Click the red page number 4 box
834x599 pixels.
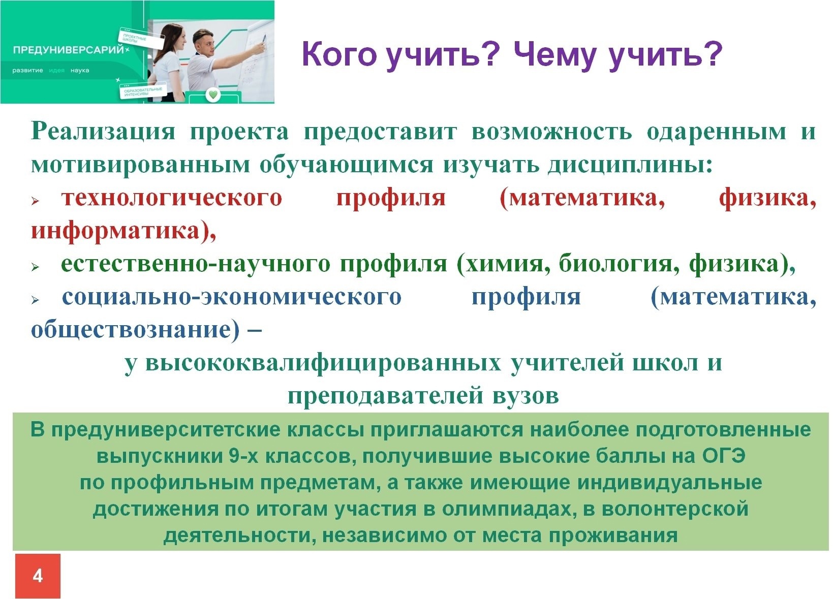click(x=38, y=576)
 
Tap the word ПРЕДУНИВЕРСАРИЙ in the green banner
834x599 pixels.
click(x=68, y=50)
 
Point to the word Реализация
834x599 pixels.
click(x=103, y=132)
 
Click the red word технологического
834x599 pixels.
click(x=172, y=199)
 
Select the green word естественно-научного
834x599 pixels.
click(x=196, y=264)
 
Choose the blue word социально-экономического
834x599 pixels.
click(x=232, y=297)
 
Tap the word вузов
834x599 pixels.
click(x=526, y=396)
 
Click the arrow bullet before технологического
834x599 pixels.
click(x=36, y=201)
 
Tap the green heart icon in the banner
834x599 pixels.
click(x=213, y=95)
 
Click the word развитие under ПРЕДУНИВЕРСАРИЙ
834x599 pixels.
click(x=27, y=71)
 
